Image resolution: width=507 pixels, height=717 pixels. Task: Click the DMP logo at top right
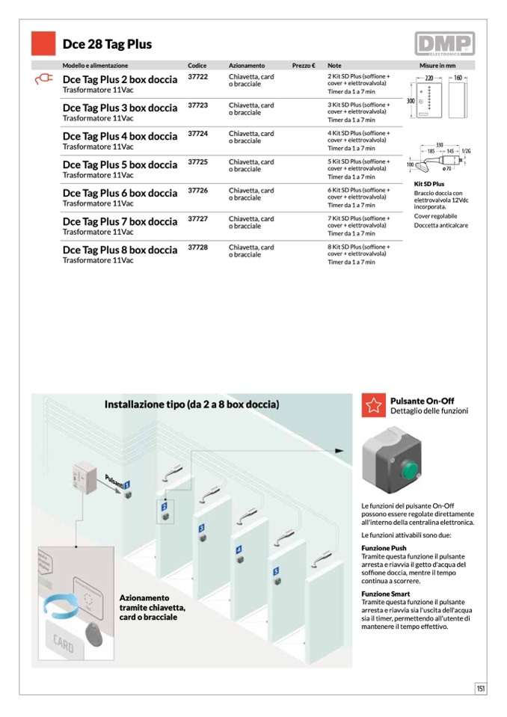(445, 44)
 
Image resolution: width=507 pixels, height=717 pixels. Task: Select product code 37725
(197, 161)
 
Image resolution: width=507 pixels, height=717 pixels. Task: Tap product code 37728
(197, 247)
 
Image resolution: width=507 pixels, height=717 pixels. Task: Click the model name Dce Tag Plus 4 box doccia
(120, 136)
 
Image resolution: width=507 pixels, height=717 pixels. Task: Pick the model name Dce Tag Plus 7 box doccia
(120, 221)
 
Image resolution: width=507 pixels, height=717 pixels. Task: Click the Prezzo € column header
(303, 66)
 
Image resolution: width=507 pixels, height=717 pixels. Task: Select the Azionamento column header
(247, 66)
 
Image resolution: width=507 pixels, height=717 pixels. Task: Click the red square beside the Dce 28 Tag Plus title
(43, 43)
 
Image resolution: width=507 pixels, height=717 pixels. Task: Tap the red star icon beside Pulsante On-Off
(372, 405)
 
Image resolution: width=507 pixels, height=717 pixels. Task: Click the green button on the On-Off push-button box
(408, 471)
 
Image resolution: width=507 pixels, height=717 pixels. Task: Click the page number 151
(481, 689)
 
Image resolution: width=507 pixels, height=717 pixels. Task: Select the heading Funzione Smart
(384, 594)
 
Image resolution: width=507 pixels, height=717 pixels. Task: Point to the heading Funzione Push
(384, 548)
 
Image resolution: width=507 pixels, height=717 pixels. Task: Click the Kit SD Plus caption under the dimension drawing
(429, 184)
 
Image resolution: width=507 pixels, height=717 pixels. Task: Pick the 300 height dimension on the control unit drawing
(411, 100)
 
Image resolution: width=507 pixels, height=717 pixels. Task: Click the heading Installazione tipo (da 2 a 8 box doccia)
(191, 404)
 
